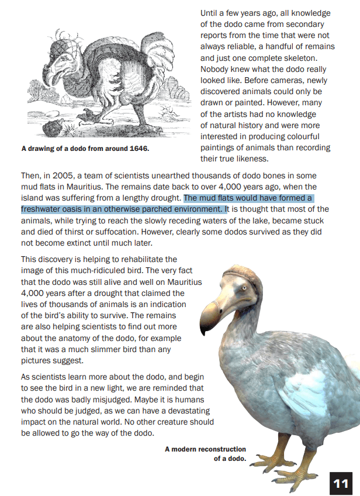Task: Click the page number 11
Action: [x=341, y=483]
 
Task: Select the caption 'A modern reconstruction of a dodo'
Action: [x=206, y=453]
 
